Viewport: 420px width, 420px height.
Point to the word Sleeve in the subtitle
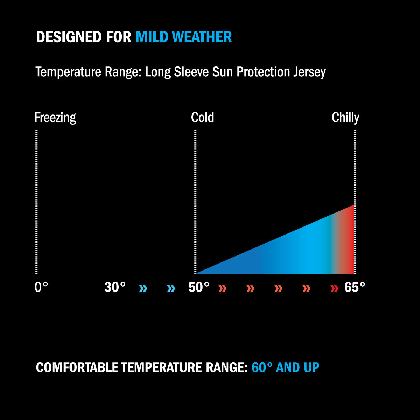191,72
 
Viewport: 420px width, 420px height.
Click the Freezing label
55,118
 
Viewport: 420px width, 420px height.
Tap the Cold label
202,118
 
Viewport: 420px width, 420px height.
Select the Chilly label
345,118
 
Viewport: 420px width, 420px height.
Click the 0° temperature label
41,288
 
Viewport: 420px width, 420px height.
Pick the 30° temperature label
115,288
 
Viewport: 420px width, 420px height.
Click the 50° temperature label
199,288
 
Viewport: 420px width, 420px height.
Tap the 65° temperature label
355,288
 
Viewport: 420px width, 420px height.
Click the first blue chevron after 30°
143,289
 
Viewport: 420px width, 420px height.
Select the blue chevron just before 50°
171,289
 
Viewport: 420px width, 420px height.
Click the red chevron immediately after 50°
222,289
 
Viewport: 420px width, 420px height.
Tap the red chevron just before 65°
334,289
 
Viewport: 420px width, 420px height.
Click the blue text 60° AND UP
285,368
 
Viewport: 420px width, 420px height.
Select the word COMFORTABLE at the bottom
77,368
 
